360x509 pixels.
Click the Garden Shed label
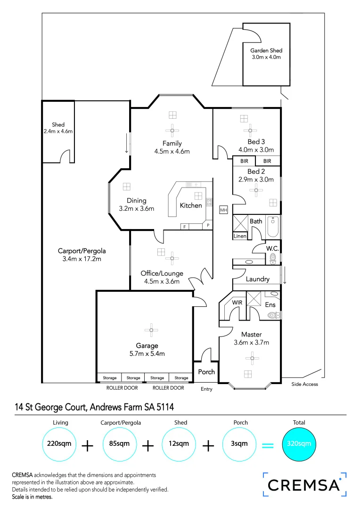point(266,51)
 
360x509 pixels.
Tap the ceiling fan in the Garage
point(151,330)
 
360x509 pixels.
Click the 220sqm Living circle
point(60,444)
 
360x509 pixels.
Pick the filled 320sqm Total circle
point(299,444)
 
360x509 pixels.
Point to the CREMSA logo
point(304,485)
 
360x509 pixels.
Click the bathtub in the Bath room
point(273,227)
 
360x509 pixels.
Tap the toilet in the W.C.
point(272,258)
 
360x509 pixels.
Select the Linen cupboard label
point(240,236)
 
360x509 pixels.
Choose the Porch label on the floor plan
point(206,372)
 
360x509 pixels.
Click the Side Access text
point(304,384)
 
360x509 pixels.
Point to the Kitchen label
point(191,205)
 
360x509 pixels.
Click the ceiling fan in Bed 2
point(256,190)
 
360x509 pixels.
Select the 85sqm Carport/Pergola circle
point(120,444)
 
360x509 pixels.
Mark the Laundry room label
point(257,279)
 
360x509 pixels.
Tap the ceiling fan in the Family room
point(172,131)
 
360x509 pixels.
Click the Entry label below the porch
point(206,389)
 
